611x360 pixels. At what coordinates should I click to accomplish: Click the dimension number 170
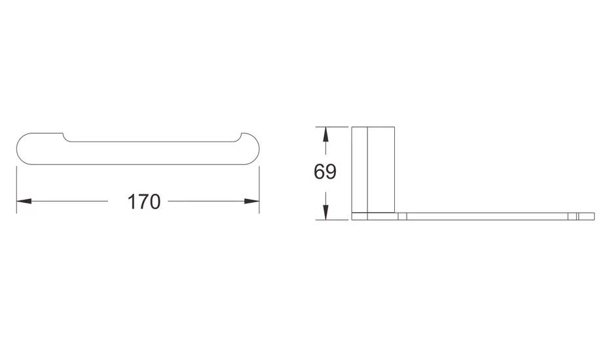(x=144, y=202)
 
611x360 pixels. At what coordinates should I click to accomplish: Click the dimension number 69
(x=325, y=171)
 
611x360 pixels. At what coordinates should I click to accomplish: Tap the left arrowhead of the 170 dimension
(x=24, y=201)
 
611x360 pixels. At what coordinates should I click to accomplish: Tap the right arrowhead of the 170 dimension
(x=251, y=201)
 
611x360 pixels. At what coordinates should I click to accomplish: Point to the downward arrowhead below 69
(x=325, y=212)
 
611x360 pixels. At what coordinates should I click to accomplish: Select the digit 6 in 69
(x=319, y=171)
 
